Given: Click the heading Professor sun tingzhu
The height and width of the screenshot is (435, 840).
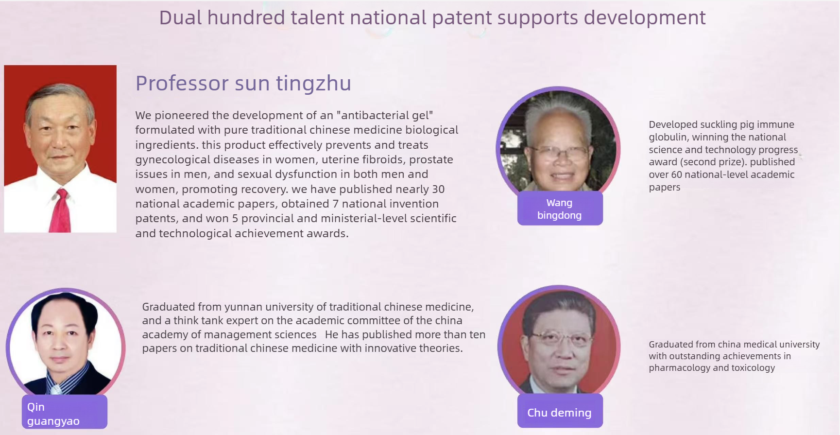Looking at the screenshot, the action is (243, 83).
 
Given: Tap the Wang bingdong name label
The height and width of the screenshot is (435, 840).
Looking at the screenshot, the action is (560, 209).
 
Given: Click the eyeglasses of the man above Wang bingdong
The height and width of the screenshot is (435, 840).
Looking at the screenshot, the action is (560, 155).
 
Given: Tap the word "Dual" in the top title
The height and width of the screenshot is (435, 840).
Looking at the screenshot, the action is (180, 18).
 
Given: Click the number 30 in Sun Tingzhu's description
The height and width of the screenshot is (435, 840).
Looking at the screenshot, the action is (438, 189).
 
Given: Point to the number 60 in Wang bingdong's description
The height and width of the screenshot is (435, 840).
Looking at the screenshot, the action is (677, 174).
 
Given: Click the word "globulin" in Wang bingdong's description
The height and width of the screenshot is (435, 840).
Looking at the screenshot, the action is (668, 137).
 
